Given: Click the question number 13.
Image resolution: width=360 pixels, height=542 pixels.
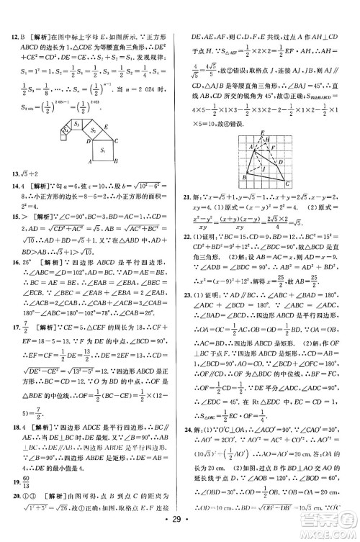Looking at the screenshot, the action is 11,194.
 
